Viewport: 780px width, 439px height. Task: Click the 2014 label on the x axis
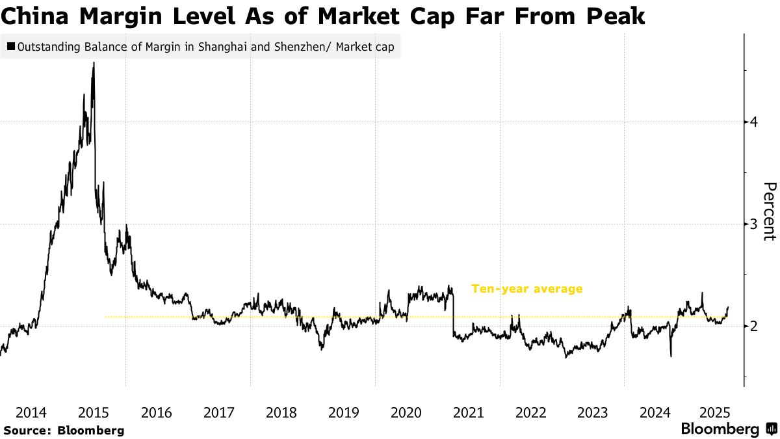[31, 412]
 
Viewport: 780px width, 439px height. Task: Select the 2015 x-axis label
[93, 412]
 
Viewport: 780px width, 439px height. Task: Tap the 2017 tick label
[218, 412]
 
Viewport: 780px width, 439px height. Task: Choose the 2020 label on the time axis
[406, 412]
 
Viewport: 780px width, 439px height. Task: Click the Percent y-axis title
[769, 211]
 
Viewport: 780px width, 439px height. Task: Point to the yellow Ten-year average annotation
[526, 289]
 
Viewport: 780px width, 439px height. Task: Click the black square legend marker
[10, 47]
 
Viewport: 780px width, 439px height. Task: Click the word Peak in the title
[614, 17]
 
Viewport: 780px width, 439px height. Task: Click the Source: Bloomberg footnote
[64, 430]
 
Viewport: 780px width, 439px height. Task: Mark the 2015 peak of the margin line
[94, 63]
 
